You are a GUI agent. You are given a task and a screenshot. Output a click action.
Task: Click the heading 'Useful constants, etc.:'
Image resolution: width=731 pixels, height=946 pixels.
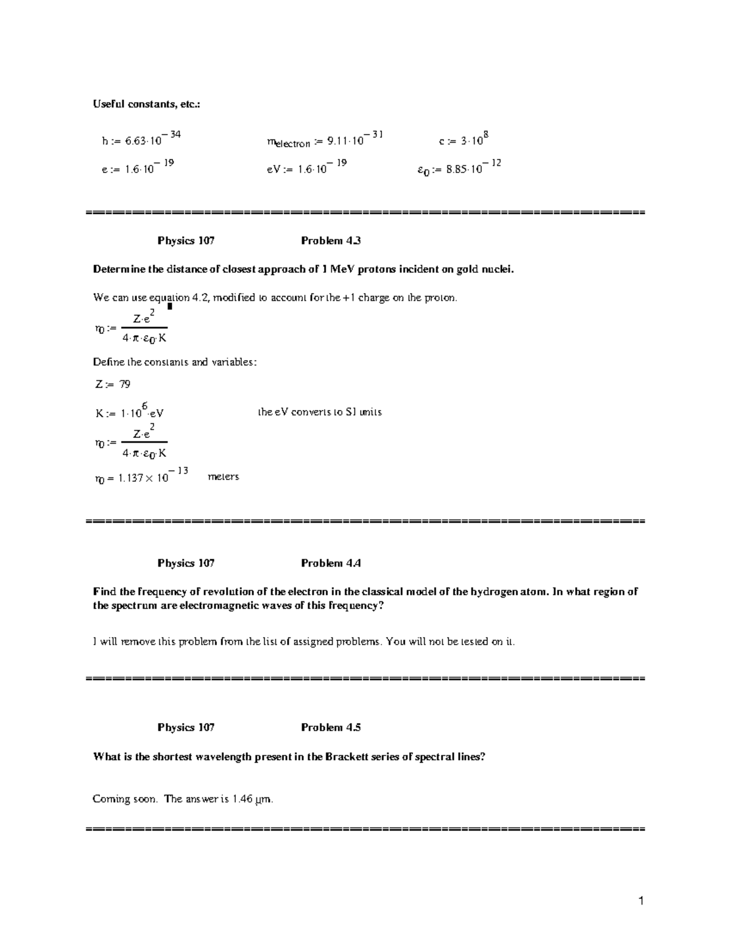146,104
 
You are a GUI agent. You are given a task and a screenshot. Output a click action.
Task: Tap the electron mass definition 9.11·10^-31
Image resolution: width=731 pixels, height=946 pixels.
325,141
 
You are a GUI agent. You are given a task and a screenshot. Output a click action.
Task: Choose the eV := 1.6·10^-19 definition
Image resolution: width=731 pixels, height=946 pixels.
306,168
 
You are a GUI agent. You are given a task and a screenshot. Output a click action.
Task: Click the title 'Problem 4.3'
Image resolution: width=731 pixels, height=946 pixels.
331,241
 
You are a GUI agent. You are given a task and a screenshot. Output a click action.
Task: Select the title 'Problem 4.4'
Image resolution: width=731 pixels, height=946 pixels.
331,563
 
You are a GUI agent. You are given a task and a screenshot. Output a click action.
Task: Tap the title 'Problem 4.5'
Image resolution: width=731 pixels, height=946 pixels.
331,727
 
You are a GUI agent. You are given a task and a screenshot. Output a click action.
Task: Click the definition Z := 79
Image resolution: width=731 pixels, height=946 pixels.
112,384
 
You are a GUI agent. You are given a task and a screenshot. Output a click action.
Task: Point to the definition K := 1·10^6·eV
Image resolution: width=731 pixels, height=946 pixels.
130,412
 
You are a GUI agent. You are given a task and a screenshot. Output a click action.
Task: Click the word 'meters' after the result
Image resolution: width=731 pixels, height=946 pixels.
224,476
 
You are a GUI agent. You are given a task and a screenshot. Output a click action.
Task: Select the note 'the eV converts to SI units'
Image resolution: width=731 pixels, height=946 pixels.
320,412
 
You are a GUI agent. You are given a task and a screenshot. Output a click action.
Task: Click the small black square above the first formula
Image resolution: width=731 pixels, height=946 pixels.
170,306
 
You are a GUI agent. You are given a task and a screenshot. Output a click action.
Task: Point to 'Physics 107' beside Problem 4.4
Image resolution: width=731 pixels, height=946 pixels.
186,563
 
